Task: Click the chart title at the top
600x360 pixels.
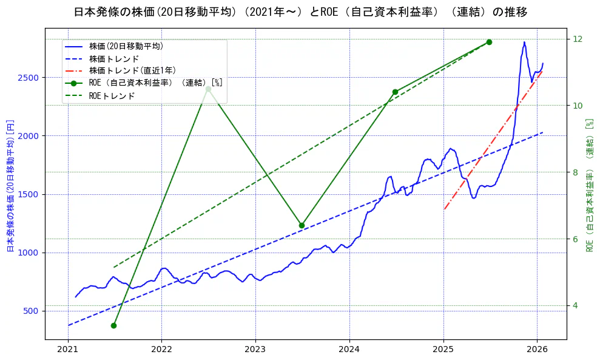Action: tap(300, 12)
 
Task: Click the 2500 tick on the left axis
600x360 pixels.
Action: tap(30, 78)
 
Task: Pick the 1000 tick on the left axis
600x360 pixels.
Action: tap(30, 253)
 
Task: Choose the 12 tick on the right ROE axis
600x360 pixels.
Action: tap(578, 39)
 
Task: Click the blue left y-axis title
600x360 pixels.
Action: tap(10, 185)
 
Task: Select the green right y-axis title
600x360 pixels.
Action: tap(589, 185)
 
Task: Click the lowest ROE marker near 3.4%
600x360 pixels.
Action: tap(113, 325)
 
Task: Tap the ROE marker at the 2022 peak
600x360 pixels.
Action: tap(208, 89)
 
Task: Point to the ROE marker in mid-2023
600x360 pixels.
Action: tap(302, 225)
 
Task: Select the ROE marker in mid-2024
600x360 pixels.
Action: tap(395, 92)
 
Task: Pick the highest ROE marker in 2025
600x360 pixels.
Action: tap(489, 42)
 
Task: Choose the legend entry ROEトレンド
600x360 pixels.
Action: tap(112, 96)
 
